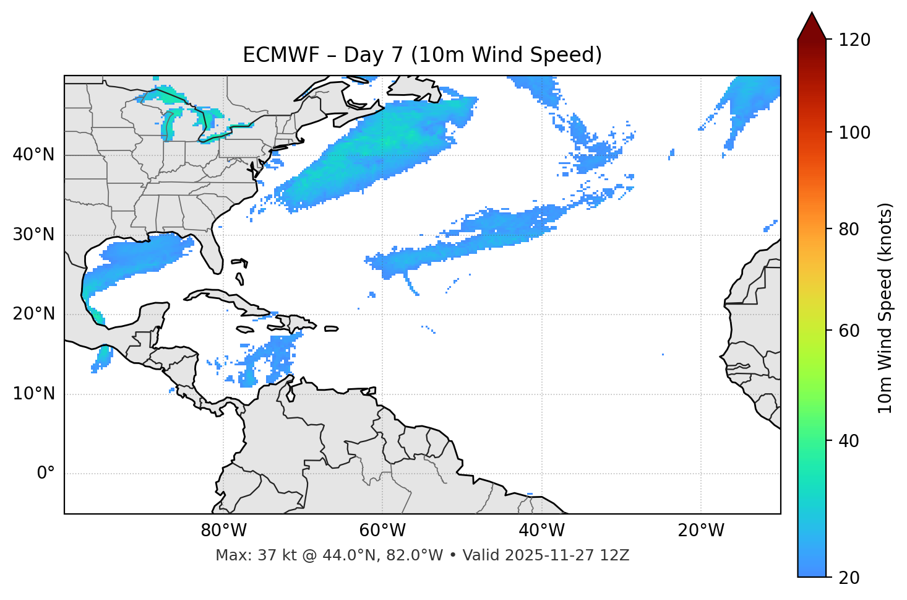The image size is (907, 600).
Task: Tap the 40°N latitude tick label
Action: click(x=33, y=155)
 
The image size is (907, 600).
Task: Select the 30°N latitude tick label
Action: click(x=33, y=235)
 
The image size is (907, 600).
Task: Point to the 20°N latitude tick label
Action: click(x=33, y=314)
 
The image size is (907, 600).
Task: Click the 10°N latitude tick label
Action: click(x=33, y=394)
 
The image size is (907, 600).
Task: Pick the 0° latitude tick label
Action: click(x=46, y=474)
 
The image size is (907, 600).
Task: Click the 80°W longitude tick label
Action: click(x=223, y=531)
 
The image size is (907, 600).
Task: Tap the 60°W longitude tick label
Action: click(x=382, y=531)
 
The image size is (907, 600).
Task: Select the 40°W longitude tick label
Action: click(x=541, y=531)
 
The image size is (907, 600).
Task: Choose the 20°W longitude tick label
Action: click(x=700, y=531)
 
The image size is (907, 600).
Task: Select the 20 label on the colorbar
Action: click(x=848, y=578)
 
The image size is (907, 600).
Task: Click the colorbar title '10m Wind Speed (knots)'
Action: click(x=885, y=308)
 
